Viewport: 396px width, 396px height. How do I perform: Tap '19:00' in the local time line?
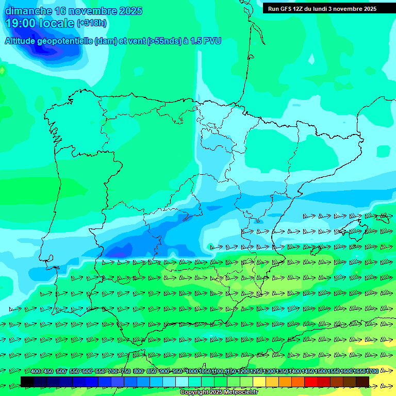click(21, 23)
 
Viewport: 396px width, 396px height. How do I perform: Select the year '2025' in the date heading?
click(130, 11)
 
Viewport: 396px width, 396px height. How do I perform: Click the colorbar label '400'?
click(36, 372)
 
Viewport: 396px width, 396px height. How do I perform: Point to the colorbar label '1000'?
click(191, 372)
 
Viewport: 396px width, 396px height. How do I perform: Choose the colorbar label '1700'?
click(373, 372)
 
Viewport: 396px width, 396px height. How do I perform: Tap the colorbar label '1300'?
click(269, 372)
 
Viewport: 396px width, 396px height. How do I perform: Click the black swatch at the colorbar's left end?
click(27, 382)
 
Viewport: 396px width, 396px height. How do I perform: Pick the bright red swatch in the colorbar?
click(311, 382)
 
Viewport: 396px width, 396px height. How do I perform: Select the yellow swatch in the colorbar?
click(259, 382)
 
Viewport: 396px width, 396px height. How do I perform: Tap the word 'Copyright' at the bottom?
click(194, 392)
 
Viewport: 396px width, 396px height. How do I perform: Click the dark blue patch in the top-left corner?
click(52, 46)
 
